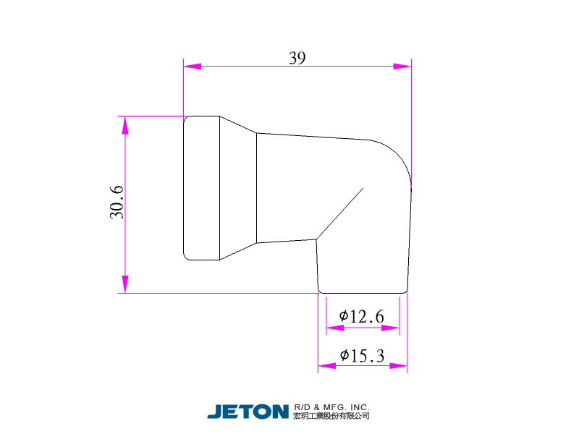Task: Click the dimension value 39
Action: (297, 58)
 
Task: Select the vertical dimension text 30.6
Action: (117, 203)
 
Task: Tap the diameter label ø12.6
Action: (361, 316)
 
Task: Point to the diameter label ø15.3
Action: (363, 356)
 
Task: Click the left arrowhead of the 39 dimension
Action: (193, 67)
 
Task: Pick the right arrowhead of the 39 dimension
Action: (402, 67)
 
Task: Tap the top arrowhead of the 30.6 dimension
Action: (125, 125)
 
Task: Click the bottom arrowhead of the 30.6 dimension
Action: (125, 284)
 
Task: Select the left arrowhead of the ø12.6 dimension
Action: (335, 328)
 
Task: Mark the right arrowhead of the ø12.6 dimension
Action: (390, 328)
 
